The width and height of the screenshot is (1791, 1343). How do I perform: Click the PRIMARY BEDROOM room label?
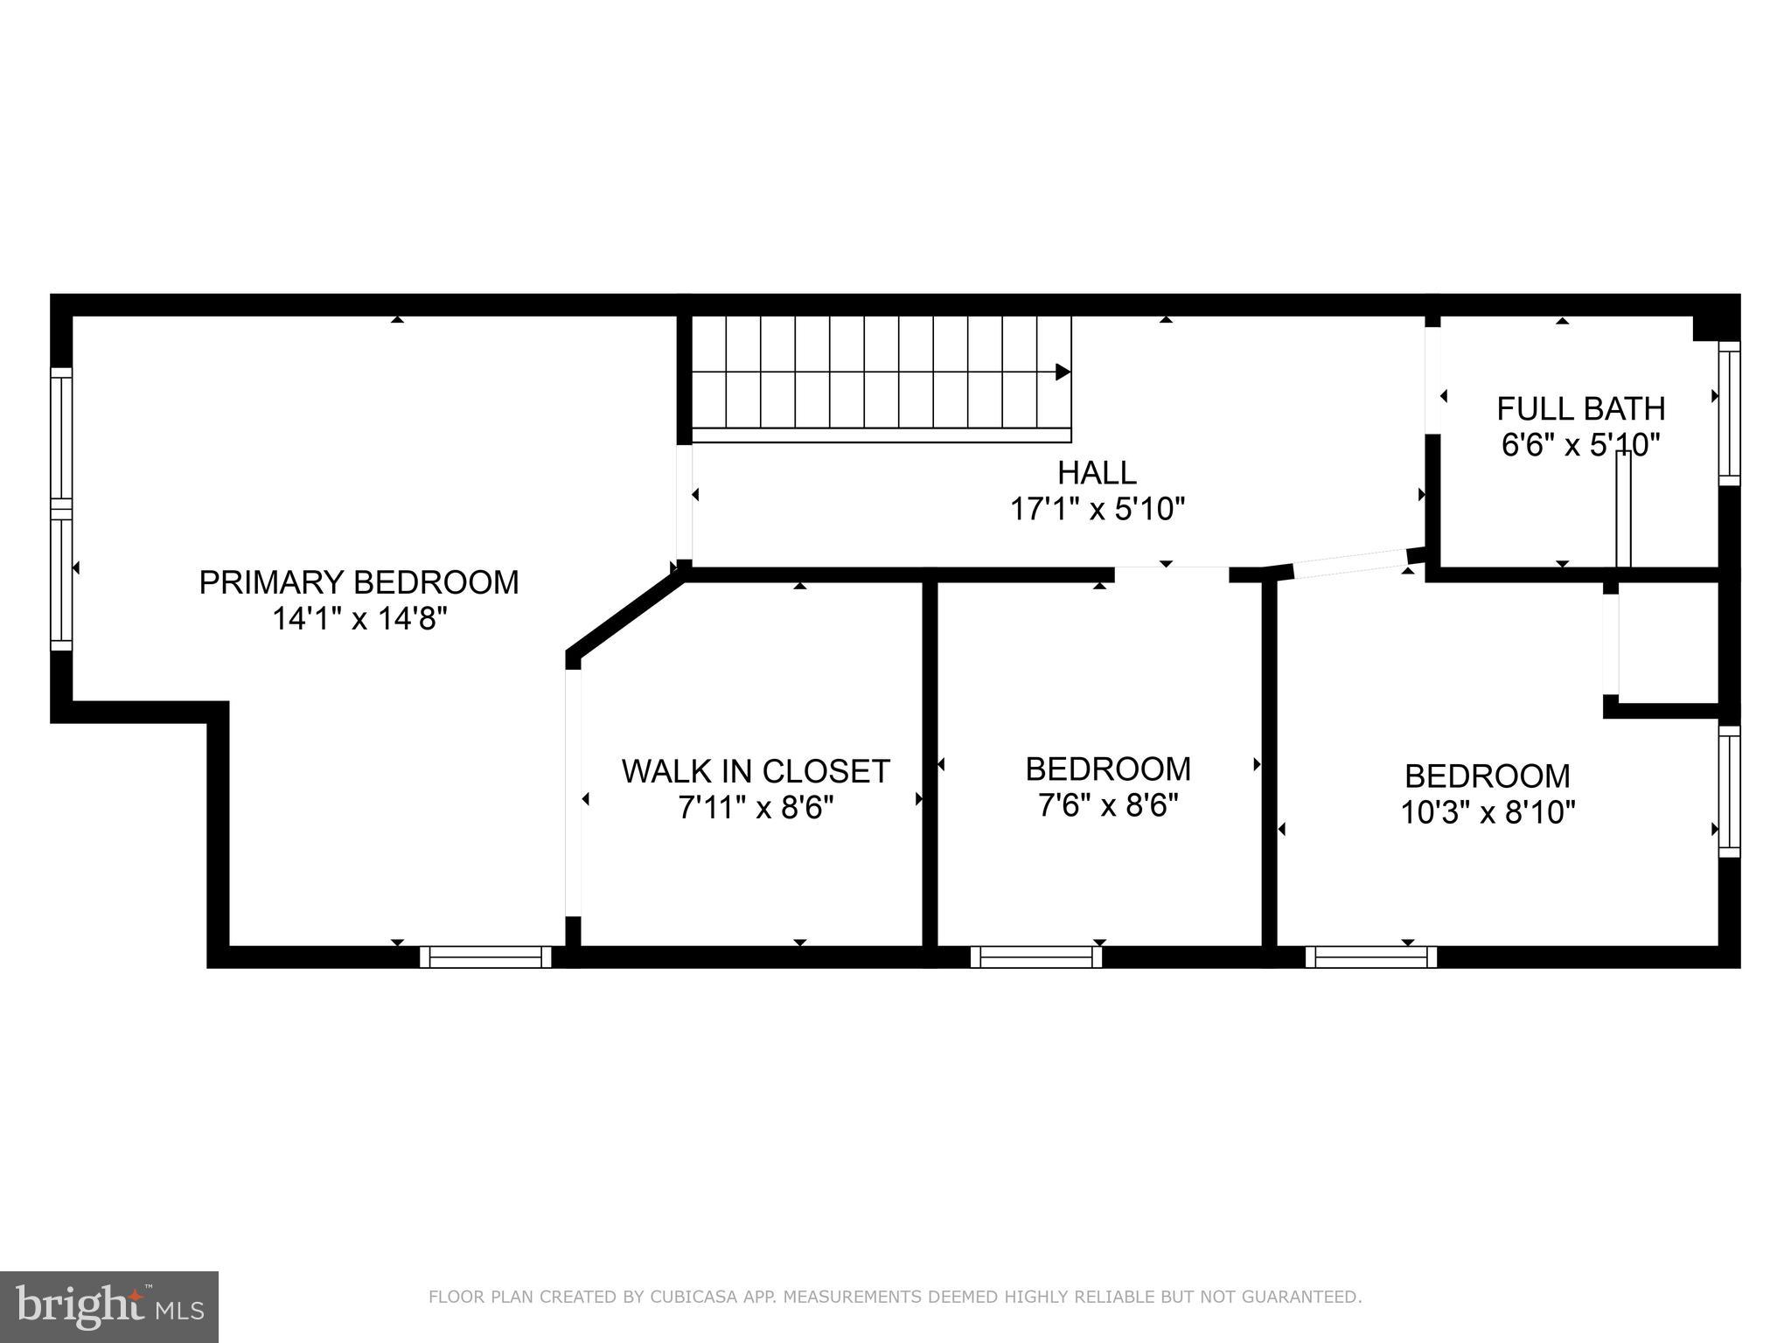click(359, 582)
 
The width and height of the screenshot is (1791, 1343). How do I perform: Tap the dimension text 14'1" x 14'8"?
click(359, 619)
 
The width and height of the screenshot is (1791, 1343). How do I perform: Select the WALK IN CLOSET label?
click(756, 771)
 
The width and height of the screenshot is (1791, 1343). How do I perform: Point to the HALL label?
click(1097, 473)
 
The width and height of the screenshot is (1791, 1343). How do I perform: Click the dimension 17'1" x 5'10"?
click(1097, 509)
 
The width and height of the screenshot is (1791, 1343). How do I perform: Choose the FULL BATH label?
click(1580, 409)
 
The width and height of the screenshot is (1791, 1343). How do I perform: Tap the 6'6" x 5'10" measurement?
click(1580, 446)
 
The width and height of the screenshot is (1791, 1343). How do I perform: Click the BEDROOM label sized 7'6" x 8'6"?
click(1108, 769)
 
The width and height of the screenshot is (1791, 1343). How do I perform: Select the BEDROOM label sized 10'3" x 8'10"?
click(1487, 776)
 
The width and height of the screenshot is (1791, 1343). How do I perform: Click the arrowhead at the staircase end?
click(1063, 372)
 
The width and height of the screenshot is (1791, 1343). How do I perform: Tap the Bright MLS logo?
click(109, 1307)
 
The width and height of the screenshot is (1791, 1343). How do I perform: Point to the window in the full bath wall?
click(1729, 413)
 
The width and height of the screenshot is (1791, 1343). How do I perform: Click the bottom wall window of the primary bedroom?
click(485, 957)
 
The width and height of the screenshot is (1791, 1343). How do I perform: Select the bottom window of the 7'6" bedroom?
click(1035, 957)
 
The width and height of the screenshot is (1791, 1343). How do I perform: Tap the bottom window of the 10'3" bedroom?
click(1370, 957)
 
